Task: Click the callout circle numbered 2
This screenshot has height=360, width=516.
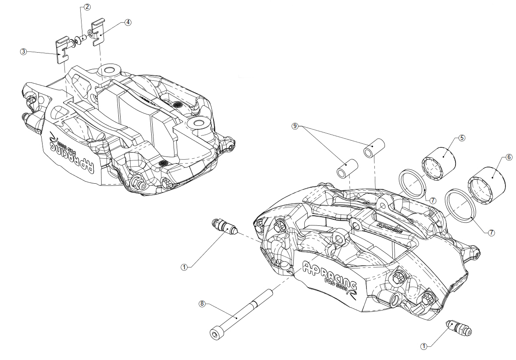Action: [87, 7]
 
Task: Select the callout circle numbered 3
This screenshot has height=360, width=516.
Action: [23, 51]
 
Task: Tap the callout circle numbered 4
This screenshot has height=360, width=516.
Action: [128, 22]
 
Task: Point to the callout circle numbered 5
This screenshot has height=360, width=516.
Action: [462, 138]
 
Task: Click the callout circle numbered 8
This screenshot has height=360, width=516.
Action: [202, 303]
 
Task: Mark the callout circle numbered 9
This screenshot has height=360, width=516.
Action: [296, 126]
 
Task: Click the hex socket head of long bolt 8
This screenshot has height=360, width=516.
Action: [214, 335]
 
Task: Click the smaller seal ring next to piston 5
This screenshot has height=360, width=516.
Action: [412, 183]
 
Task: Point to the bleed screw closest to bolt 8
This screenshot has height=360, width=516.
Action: [224, 227]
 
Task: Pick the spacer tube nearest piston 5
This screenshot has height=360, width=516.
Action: [374, 147]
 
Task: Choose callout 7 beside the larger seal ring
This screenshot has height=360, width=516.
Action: [491, 233]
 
